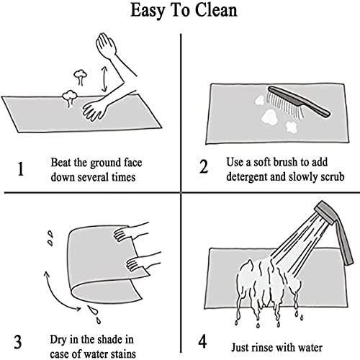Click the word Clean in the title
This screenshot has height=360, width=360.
(216, 10)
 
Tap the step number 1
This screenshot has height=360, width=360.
(21, 169)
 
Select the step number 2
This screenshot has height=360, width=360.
(204, 166)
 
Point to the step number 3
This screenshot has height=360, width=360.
(18, 341)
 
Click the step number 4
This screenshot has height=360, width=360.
(202, 341)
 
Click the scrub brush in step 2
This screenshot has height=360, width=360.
(298, 103)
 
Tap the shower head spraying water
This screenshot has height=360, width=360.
(336, 230)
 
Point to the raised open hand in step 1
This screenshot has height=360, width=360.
(106, 45)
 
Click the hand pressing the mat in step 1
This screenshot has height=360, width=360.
(94, 109)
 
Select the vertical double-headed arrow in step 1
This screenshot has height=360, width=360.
(104, 79)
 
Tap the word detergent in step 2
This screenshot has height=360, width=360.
(247, 177)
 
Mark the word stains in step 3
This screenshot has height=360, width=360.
(123, 354)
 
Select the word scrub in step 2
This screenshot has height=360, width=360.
(333, 177)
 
